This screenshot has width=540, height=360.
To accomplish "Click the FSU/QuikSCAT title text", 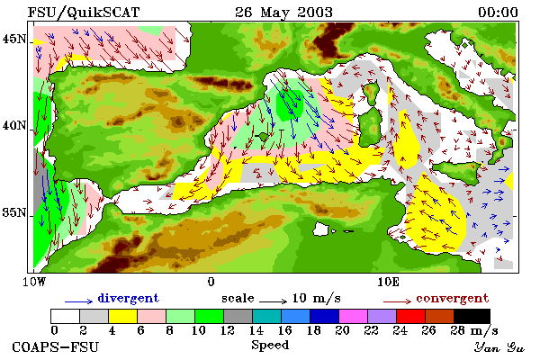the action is click(84, 13).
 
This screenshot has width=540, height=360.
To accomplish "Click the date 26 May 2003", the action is click(283, 13).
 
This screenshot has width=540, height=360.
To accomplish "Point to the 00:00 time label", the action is click(498, 13).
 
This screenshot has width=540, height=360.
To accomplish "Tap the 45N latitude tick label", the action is click(13, 39).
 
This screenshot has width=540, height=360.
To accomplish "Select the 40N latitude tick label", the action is click(13, 125).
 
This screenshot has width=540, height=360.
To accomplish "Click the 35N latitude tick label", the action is click(13, 212).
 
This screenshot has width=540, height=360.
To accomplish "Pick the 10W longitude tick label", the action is click(34, 282).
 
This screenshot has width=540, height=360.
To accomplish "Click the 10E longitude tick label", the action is click(388, 282).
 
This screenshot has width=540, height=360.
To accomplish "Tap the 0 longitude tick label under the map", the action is click(211, 282).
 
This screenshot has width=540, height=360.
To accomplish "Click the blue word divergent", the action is click(129, 298).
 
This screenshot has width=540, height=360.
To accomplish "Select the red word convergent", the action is click(452, 298).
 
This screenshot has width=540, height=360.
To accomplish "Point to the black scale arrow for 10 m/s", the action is click(273, 301).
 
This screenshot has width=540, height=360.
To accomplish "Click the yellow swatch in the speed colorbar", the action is click(123, 316).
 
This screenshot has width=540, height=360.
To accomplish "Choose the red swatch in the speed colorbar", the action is click(410, 316).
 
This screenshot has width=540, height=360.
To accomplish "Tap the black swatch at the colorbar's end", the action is click(472, 316).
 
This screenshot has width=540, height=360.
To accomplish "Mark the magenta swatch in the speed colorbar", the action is click(353, 316).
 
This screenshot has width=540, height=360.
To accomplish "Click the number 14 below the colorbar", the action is click(256, 330).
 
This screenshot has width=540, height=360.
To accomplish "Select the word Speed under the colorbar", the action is click(270, 346).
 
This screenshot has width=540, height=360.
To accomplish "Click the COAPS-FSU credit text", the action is click(56, 346).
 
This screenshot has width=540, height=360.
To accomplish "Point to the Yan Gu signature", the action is click(499, 347).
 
